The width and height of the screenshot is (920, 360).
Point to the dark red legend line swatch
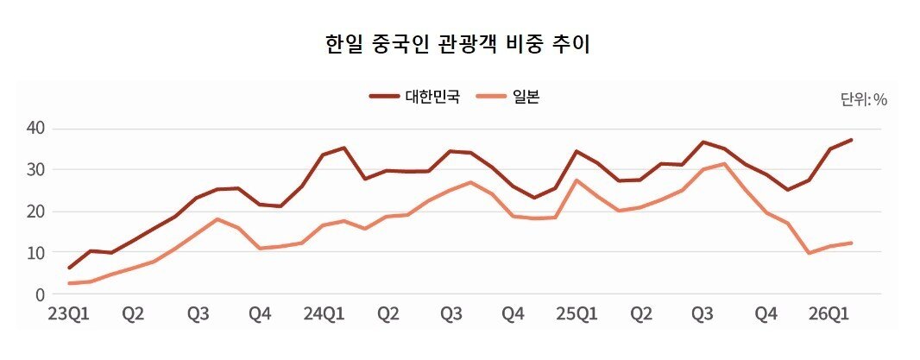[384, 97]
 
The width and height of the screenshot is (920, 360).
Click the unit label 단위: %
[864, 99]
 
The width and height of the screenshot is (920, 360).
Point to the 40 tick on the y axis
[35, 129]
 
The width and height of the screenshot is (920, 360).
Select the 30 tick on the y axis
[35, 170]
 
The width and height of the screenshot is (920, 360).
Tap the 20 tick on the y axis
[35, 212]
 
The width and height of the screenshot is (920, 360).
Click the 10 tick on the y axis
[35, 253]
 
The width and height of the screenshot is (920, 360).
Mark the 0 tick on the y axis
[39, 294]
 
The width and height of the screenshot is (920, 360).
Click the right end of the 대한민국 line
[852, 140]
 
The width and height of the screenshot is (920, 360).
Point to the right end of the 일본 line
[852, 243]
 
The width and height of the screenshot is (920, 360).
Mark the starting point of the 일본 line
[69, 283]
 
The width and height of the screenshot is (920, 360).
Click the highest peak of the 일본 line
[723, 164]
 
